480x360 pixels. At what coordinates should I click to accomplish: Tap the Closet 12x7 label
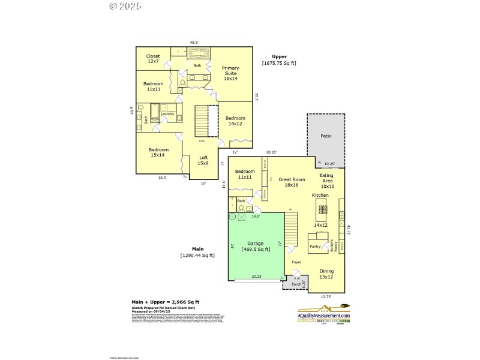point(153,59)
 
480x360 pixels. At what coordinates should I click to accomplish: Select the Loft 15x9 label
point(203,160)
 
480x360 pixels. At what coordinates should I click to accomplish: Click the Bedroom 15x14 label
point(158,152)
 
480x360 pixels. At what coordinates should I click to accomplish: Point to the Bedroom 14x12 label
point(235,121)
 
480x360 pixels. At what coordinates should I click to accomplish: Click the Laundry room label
point(167,114)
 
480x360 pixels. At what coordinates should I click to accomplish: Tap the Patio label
point(326,136)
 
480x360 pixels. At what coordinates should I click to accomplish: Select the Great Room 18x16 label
point(292,182)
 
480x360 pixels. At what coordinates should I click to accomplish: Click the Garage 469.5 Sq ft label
point(255,247)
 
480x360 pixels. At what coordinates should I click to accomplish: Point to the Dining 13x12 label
point(326,274)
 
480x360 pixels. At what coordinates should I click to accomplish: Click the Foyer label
point(296,262)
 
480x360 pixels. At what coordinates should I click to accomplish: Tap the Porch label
point(296,284)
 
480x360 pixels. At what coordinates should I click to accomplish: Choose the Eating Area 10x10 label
point(326,181)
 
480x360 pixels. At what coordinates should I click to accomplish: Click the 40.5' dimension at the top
point(194,43)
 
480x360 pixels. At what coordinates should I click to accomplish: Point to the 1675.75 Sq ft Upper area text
point(279,63)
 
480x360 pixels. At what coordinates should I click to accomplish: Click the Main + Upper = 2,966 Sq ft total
point(166,302)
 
